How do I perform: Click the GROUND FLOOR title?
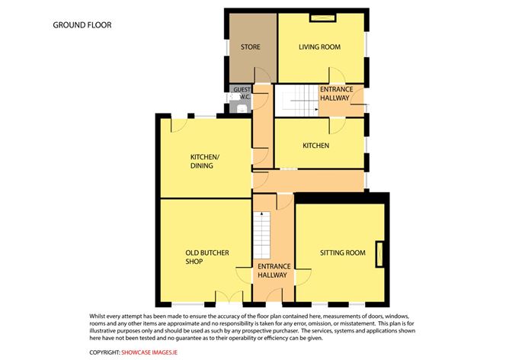82,25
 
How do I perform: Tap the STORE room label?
250,47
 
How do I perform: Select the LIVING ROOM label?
319,47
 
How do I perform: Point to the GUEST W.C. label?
242,93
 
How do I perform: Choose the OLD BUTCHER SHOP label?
207,257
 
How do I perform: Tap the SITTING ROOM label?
342,252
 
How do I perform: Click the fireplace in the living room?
322,18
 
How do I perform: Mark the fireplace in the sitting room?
379,254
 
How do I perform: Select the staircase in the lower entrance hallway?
261,235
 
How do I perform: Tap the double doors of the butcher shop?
229,297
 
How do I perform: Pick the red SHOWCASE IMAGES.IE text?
149,352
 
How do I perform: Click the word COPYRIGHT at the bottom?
104,352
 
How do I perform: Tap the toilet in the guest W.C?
241,108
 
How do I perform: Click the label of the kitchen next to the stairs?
316,146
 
